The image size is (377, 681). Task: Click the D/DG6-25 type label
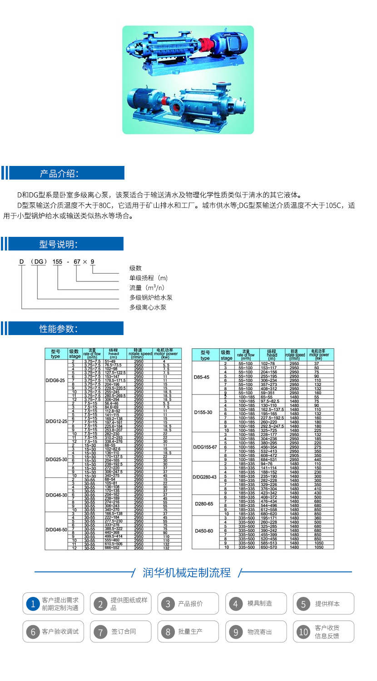[55, 380]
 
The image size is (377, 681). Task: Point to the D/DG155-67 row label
[205, 447]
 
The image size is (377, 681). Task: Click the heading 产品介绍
[59, 173]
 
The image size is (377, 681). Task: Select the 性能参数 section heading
[59, 329]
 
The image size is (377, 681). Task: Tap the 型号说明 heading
[59, 245]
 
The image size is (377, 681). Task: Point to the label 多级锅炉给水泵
[151, 297]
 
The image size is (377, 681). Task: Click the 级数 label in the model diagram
[135, 268]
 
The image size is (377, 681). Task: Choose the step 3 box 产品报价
[188, 604]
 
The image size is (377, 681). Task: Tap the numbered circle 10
[303, 632]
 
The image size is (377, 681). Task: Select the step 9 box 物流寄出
[257, 631]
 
